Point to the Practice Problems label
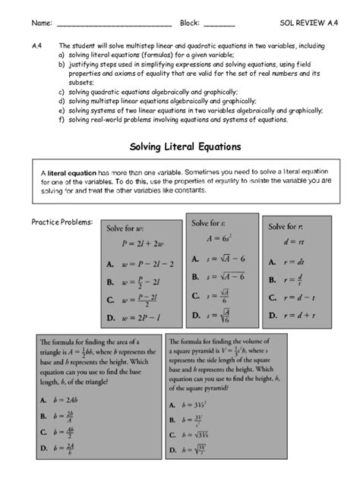[62, 222]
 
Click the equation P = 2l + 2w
[142, 244]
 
